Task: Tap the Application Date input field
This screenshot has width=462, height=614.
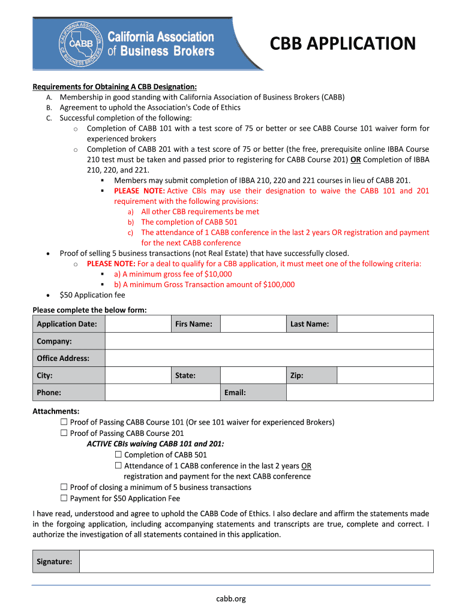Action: tap(137, 324)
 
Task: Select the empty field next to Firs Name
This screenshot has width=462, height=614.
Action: tap(252, 324)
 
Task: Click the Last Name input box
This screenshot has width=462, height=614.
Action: tap(385, 324)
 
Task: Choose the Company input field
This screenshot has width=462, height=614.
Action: tap(269, 341)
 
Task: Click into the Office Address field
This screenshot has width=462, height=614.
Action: tap(269, 359)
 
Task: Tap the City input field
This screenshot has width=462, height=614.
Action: tap(137, 376)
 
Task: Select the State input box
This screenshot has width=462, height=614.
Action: tap(252, 376)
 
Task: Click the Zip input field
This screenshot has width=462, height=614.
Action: tap(385, 376)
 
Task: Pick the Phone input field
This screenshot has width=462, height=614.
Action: tap(163, 393)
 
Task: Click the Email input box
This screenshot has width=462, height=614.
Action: tap(359, 393)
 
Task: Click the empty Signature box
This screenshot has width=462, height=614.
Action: tap(256, 562)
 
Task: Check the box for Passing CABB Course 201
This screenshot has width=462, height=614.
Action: tap(64, 433)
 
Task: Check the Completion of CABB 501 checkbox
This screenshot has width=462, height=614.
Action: tap(118, 455)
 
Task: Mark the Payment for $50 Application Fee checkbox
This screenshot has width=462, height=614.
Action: tap(64, 498)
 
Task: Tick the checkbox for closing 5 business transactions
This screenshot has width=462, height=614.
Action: tap(64, 487)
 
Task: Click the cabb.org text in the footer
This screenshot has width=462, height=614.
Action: tap(231, 598)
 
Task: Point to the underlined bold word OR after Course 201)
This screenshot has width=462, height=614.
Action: tap(355, 159)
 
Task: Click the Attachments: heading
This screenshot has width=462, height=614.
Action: tap(56, 411)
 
